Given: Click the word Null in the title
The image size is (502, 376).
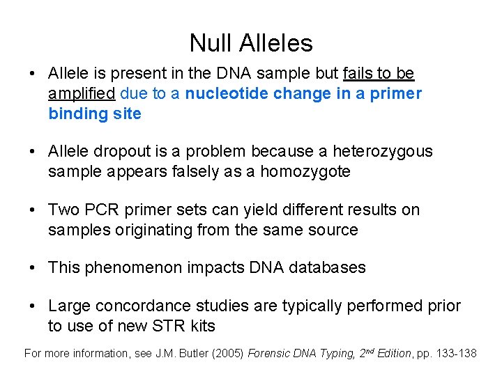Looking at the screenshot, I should click(211, 43).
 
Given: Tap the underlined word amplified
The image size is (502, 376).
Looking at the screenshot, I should click(82, 94).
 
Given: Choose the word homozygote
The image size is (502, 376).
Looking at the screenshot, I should click(305, 171).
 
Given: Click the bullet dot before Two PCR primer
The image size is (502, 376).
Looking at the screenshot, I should click(33, 210).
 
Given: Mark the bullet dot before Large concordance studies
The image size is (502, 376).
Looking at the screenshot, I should click(33, 306).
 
